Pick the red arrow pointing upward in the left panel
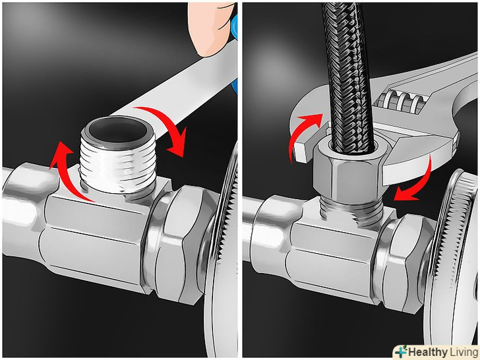[69, 171]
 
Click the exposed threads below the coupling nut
[351, 211]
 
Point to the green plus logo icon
[401, 351]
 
